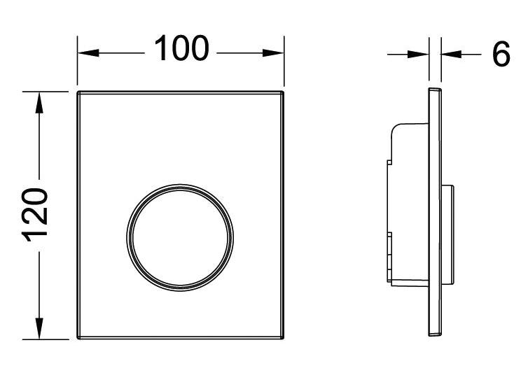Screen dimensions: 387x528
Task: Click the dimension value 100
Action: pyautogui.click(x=181, y=49)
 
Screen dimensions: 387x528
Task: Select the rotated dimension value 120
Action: pyautogui.click(x=36, y=214)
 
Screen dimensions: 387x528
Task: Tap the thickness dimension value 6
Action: pyautogui.click(x=500, y=53)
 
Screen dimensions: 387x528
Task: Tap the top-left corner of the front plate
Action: pyautogui.click(x=78, y=92)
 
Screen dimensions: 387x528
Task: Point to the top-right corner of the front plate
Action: pyautogui.click(x=283, y=92)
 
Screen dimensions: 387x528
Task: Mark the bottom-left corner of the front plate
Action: pyautogui.click(x=78, y=339)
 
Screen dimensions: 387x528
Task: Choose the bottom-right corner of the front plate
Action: pyautogui.click(x=283, y=339)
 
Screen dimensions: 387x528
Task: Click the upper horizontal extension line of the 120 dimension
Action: pyautogui.click(x=49, y=91)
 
